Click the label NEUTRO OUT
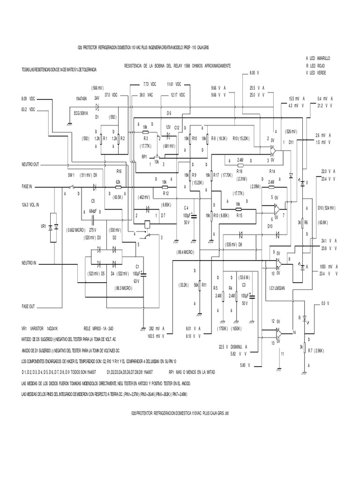31,165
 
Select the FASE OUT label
29,306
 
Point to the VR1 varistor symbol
53,227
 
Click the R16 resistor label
119,172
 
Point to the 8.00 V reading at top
254,73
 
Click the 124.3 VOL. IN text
31,205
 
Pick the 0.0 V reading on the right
325,304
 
